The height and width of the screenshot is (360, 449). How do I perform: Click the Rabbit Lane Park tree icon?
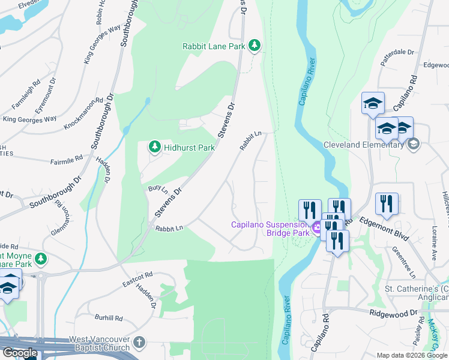coord(255,46)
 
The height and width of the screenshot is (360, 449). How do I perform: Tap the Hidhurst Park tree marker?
coord(155,147)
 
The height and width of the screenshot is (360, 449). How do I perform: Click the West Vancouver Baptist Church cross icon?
coord(139,343)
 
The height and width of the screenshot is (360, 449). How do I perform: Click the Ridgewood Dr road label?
coord(393,313)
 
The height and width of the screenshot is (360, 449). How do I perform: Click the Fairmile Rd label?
coord(66,160)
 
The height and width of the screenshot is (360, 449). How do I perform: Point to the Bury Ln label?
coord(157,189)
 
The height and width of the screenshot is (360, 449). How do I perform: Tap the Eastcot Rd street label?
coord(137,279)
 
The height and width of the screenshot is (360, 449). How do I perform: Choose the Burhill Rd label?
coord(109,317)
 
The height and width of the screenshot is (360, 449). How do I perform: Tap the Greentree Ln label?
coord(404,258)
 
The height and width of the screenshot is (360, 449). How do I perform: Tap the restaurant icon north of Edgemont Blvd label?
coord(387,205)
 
